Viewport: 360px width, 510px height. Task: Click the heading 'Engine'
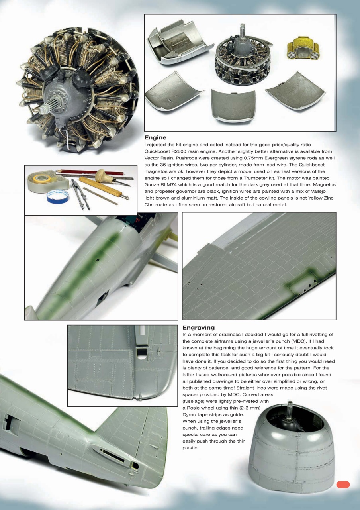pos(155,137)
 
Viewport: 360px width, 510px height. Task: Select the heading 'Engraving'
pos(198,328)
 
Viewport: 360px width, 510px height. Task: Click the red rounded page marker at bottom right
pos(343,484)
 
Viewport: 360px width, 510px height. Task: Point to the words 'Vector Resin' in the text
pos(160,158)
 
